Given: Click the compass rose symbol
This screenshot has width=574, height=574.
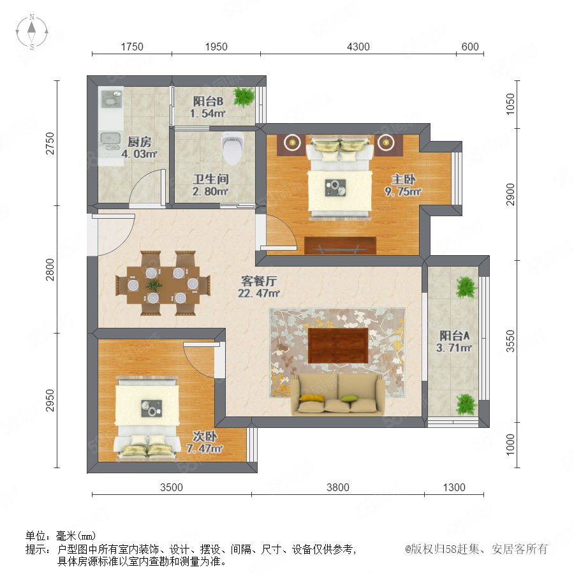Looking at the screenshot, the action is pos(32,32).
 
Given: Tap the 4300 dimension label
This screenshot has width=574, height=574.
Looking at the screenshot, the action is pos(358,47).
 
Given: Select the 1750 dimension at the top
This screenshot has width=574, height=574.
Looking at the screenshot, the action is pos(132,47).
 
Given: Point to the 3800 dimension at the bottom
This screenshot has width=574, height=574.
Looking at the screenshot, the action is pos(337,487).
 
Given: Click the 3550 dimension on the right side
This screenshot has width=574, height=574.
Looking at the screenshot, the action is pos(510,341).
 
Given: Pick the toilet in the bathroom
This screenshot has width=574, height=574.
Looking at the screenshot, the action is pos(232,148).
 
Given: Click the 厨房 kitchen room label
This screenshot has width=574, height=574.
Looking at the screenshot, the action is pos(139,142).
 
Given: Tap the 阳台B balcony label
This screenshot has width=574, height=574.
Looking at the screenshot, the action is pos(208,101).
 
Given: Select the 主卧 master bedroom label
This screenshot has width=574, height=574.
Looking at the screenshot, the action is pos(403,179).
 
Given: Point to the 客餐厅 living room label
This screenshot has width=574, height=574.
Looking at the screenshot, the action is pos(259,281).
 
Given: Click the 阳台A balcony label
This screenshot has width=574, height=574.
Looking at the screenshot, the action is pos(454,335).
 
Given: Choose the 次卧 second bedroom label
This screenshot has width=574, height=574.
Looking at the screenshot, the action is pos(205,436).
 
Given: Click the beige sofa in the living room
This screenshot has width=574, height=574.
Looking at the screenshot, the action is pos(337,395).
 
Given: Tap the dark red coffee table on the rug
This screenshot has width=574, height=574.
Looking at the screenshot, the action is pos(338,346).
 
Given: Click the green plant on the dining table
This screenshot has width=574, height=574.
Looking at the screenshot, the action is pos(154,285).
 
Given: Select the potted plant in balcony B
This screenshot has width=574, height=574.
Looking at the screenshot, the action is pos(244,96).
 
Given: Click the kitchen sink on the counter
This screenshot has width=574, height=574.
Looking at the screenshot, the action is pos(110,138).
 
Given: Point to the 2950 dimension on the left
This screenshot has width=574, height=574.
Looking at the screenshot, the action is pos(50,401).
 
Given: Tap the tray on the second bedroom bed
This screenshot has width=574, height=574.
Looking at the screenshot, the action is pos(152,408).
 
